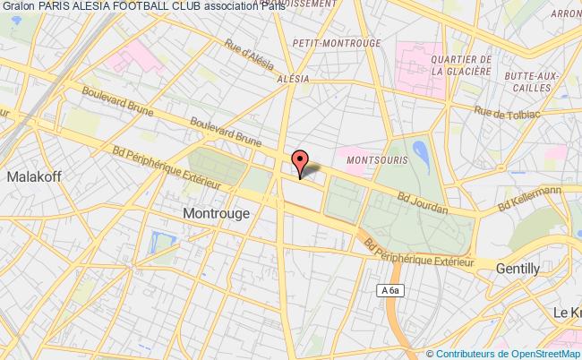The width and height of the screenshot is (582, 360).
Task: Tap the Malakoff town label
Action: [33, 177]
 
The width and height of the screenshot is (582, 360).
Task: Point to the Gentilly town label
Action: [519, 268]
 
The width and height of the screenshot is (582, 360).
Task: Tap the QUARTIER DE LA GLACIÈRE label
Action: [460, 65]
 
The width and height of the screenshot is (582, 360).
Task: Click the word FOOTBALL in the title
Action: [145, 8]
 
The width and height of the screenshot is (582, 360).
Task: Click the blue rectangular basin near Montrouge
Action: [163, 242]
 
